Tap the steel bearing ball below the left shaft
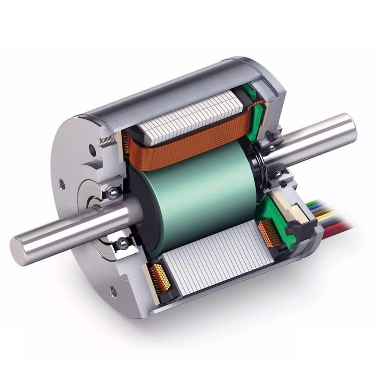point(122,244)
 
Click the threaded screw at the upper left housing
point(106,141)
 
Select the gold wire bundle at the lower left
point(162,279)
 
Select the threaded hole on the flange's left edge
point(62,184)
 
